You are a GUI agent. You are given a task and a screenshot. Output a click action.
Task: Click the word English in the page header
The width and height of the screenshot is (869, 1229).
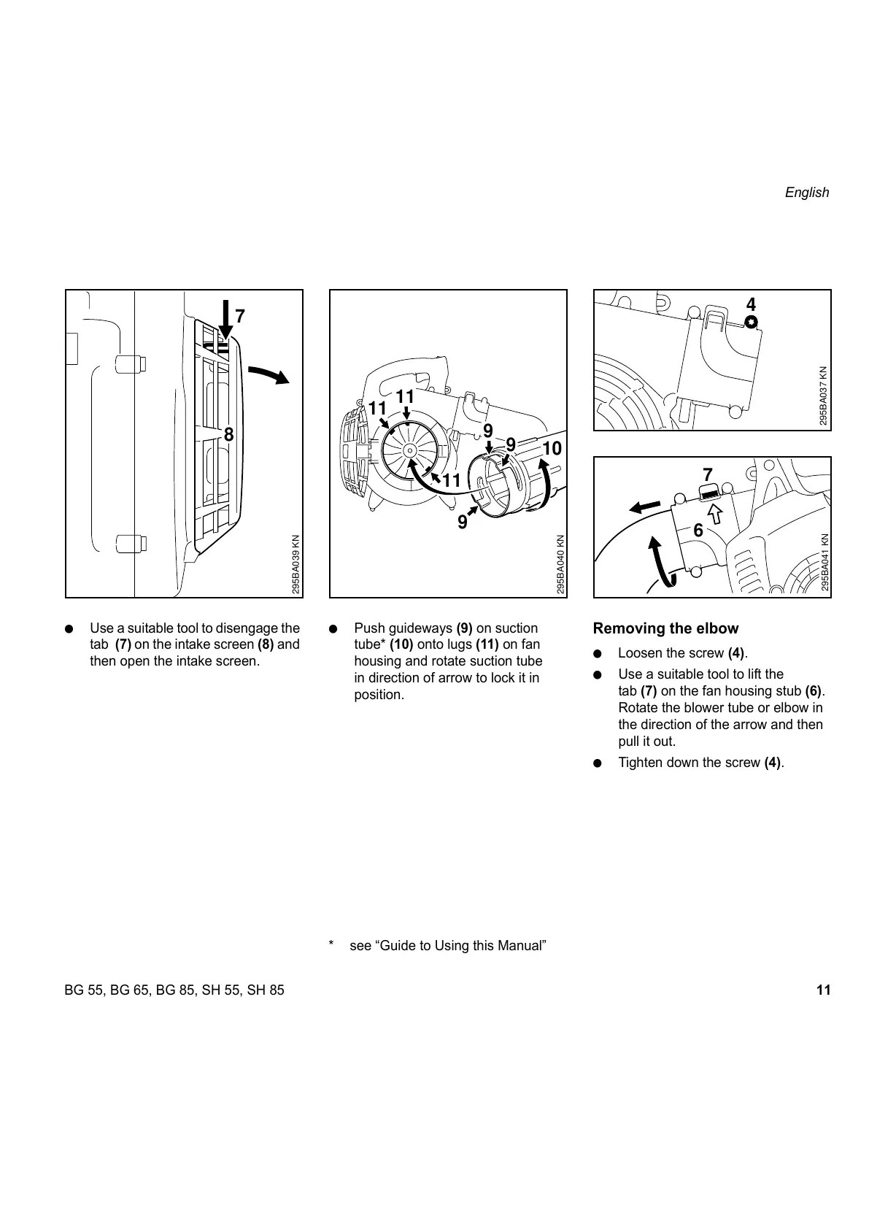806,193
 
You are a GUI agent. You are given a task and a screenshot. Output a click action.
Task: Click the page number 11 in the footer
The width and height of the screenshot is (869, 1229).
823,990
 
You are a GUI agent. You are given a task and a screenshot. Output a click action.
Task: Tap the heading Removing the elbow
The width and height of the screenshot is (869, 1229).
665,628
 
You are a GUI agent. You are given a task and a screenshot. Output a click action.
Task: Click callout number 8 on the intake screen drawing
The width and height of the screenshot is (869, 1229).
228,435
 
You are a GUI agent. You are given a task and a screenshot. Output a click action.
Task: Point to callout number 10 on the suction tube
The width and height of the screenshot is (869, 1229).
552,448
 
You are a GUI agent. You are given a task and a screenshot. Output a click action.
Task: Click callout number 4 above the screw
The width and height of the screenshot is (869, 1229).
750,304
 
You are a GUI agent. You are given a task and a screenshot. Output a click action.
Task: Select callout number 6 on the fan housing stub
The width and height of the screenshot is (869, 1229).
698,531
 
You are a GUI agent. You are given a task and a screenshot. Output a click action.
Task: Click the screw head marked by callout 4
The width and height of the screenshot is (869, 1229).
752,322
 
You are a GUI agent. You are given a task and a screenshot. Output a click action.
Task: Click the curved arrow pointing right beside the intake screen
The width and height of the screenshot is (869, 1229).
267,375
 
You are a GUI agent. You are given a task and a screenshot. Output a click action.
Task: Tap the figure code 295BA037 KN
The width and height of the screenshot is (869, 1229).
823,396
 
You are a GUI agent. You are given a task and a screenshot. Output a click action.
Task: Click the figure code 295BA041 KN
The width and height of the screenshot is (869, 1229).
824,562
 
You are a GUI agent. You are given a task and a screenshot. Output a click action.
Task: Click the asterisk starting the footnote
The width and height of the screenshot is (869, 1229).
332,946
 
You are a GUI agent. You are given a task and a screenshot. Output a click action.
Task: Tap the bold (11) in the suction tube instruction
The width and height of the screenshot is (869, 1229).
487,644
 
